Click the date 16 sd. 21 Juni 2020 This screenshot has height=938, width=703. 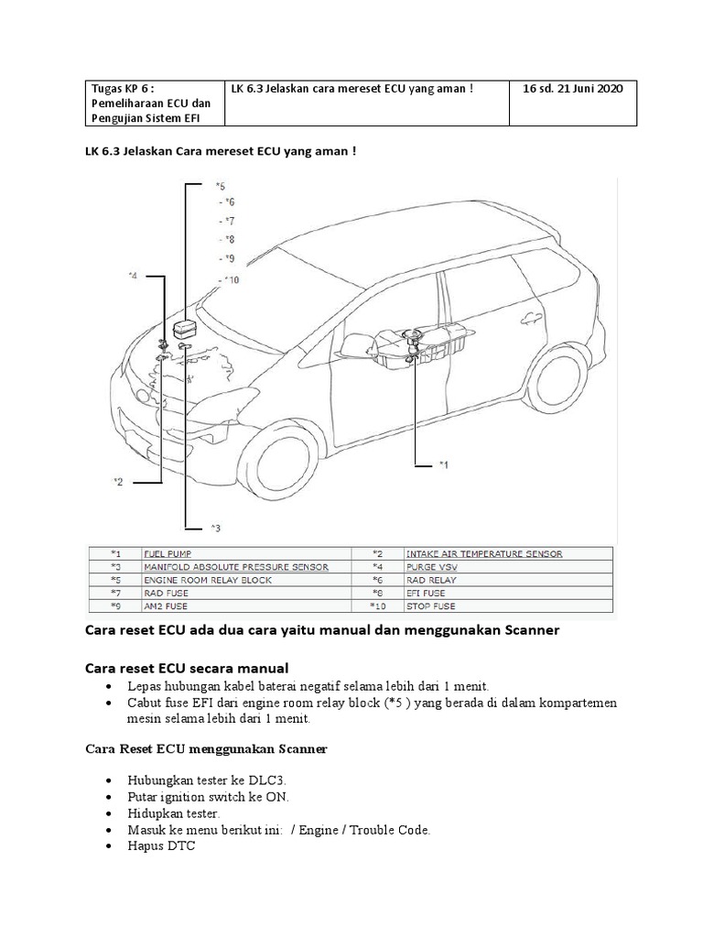[x=572, y=89]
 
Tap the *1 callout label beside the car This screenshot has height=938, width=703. [x=443, y=465]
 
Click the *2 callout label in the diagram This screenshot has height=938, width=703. [x=117, y=482]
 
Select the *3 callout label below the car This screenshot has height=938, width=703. [x=215, y=528]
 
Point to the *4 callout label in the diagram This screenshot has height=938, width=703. [x=133, y=275]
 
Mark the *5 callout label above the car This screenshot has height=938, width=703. [x=220, y=186]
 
